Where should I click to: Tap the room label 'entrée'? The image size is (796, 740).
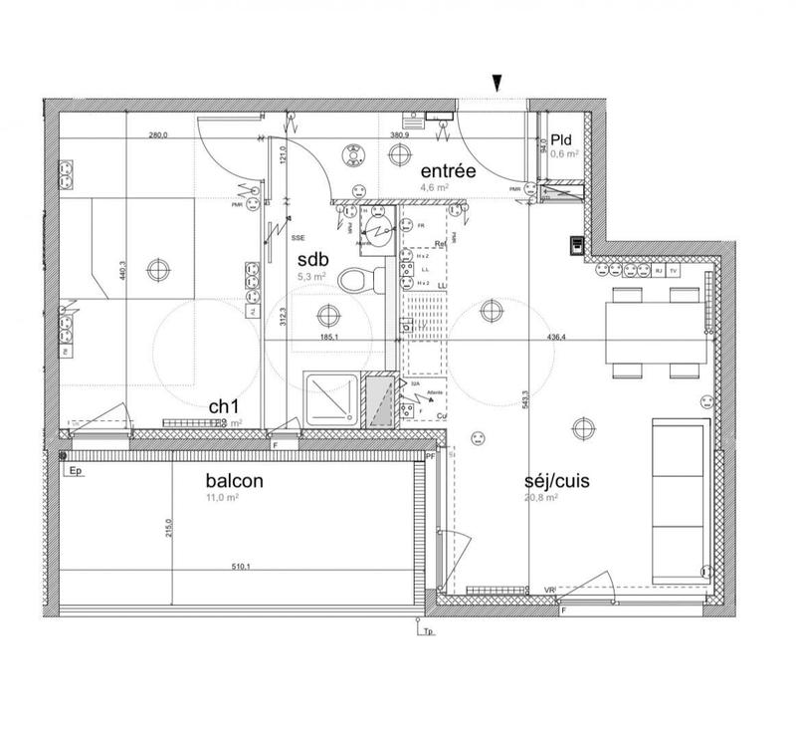click(447, 171)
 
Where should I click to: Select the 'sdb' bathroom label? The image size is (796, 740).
click(312, 259)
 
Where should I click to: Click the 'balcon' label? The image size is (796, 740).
click(235, 480)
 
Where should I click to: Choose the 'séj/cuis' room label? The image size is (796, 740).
click(557, 480)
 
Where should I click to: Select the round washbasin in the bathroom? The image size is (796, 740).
click(374, 224)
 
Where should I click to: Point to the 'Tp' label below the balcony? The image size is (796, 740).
click(429, 631)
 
